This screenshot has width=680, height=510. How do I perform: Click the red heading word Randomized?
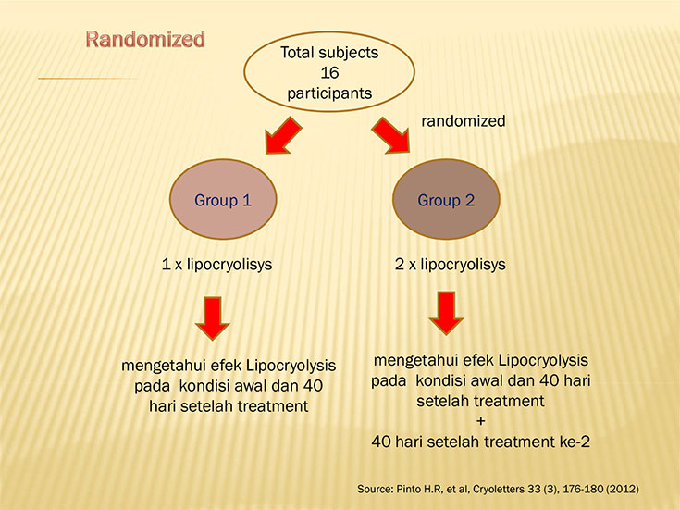pyautogui.click(x=145, y=39)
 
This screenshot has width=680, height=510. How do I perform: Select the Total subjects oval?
pyautogui.click(x=329, y=71)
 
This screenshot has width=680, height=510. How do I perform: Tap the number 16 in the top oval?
pyautogui.click(x=329, y=72)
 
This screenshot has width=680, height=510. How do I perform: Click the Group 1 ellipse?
pyautogui.click(x=223, y=199)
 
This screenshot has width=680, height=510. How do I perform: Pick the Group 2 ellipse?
pyautogui.click(x=446, y=199)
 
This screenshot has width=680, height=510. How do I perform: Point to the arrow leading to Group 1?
pyautogui.click(x=283, y=135)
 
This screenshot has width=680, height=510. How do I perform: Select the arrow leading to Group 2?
pyautogui.click(x=390, y=135)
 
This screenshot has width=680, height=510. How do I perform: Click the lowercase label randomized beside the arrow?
pyautogui.click(x=464, y=120)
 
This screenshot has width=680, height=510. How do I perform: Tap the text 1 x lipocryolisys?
pyautogui.click(x=216, y=265)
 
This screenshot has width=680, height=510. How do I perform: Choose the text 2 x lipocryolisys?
pyautogui.click(x=451, y=265)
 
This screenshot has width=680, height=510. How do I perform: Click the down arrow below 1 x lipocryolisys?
pyautogui.click(x=213, y=318)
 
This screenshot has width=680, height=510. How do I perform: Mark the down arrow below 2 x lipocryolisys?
pyautogui.click(x=446, y=314)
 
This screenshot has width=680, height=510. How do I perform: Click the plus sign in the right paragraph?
pyautogui.click(x=480, y=421)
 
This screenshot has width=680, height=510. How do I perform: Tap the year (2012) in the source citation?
pyautogui.click(x=623, y=489)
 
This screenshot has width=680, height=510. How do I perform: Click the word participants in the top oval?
pyautogui.click(x=329, y=93)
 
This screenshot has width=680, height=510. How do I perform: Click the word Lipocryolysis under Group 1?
pyautogui.click(x=291, y=366)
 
